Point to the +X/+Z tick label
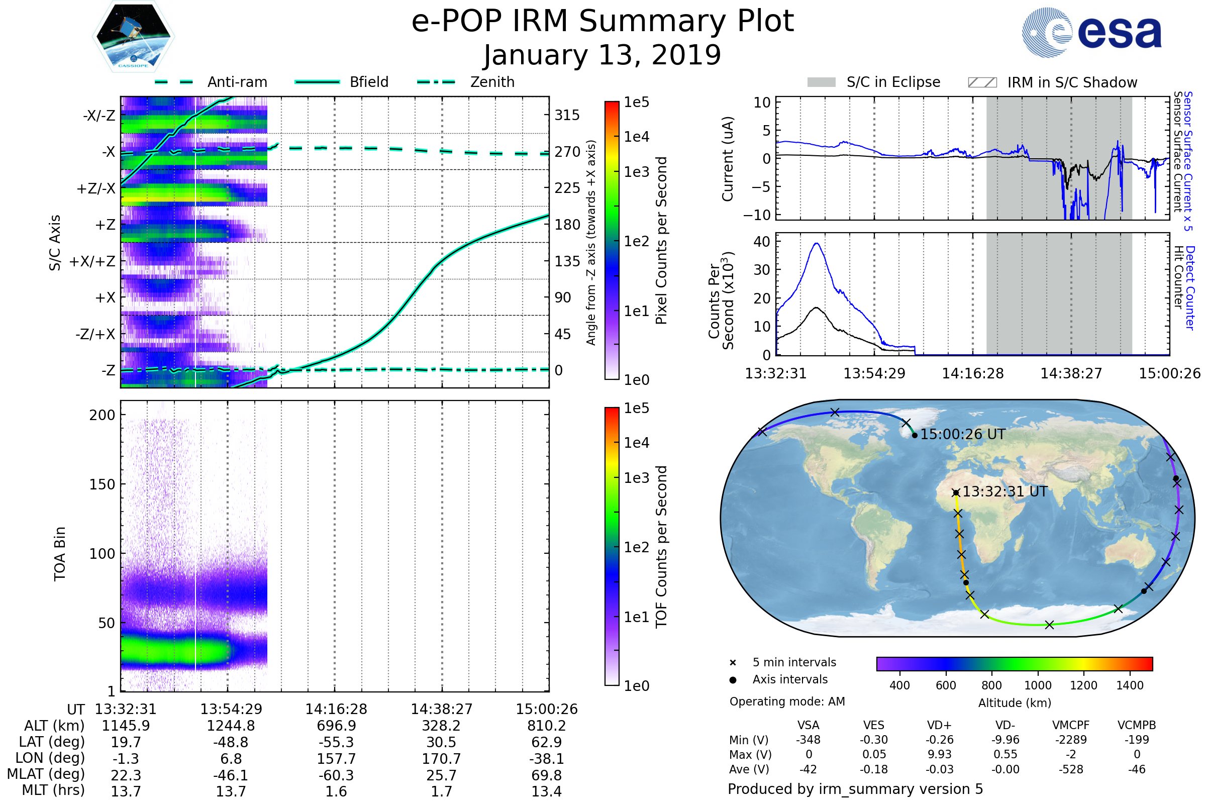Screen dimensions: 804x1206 (x=92, y=261)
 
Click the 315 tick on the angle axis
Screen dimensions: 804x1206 (x=567, y=115)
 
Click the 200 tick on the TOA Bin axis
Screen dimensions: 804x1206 (x=102, y=415)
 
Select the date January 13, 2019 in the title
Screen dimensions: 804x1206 (x=602, y=55)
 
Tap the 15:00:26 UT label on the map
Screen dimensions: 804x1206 (x=962, y=434)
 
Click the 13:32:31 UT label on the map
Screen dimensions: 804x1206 (x=1004, y=491)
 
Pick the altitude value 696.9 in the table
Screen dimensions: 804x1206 (x=336, y=726)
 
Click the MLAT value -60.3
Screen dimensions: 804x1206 (x=336, y=775)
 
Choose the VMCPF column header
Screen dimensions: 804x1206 (x=1071, y=725)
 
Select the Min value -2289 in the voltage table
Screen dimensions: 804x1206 (x=1071, y=739)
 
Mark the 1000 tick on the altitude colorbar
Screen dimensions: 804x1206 (x=1038, y=685)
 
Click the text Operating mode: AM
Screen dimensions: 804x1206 (x=787, y=701)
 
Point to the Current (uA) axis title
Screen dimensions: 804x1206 (x=728, y=159)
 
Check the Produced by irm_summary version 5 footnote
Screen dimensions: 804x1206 (x=855, y=788)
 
